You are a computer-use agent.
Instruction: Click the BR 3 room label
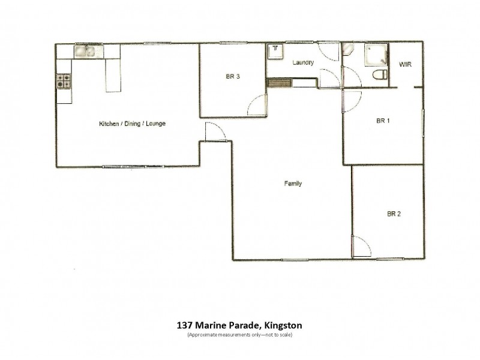point(233,76)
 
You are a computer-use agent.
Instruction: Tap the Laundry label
point(303,63)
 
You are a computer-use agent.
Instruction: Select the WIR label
point(406,65)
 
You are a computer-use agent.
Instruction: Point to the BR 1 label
point(383,121)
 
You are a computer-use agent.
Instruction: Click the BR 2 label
point(394,213)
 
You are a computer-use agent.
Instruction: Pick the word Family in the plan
point(292,184)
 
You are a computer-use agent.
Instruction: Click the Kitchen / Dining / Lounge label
point(132,124)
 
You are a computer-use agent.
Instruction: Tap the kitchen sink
point(84,52)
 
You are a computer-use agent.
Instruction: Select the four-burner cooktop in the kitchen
point(64,81)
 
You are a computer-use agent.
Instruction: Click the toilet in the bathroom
point(378,76)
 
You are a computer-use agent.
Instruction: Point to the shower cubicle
point(376,55)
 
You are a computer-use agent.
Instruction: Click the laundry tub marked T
point(275,50)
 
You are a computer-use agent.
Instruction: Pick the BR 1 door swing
point(352,100)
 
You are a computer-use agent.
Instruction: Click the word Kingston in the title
point(282,326)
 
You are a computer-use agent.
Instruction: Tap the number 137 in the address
point(185,326)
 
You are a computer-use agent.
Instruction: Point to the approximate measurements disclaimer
point(239,334)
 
